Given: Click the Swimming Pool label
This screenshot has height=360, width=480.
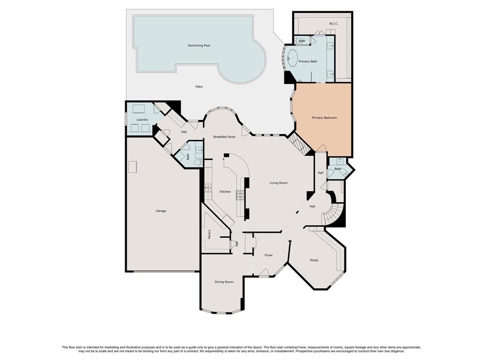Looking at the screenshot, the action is [x=199, y=45].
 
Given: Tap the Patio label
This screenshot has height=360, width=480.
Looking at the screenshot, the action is [x=199, y=87].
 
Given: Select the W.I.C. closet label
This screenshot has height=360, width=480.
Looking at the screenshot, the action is [x=334, y=23].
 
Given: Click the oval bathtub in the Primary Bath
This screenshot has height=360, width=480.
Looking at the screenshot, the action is [x=292, y=58].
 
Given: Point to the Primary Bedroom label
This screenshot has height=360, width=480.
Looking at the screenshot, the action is [x=324, y=118].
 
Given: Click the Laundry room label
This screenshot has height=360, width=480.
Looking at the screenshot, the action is [x=142, y=120].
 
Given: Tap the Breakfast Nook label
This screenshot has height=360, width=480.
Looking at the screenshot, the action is [x=225, y=137].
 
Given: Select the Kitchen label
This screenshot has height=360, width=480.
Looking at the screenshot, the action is [x=225, y=192].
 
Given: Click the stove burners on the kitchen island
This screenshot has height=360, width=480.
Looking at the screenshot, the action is [x=240, y=195].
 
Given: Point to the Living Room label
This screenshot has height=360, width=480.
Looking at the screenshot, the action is [x=278, y=183].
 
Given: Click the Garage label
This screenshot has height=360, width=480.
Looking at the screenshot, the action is [x=161, y=211].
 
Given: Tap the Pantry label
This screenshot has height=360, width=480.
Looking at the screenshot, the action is [x=210, y=234].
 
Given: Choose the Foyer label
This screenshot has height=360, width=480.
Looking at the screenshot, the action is [x=269, y=255].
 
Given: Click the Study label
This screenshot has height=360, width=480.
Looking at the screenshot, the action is [x=314, y=260].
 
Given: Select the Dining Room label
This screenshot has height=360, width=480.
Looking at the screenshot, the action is [x=224, y=282].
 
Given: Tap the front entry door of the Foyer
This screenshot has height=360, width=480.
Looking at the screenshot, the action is [x=264, y=273].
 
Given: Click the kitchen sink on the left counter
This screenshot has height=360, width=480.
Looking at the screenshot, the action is [x=208, y=187].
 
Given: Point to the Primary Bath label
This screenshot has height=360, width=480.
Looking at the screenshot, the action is [x=308, y=61].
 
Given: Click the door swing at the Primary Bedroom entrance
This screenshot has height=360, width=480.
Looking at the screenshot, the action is [x=321, y=148].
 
